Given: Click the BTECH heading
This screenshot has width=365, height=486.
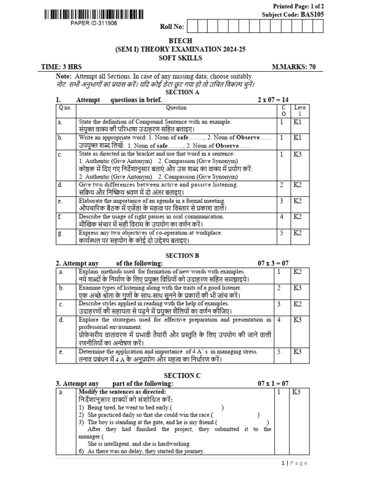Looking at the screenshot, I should tap(182, 41).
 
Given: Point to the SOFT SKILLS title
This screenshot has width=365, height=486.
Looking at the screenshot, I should tap(182, 58).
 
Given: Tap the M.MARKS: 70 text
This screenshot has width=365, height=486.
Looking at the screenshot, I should tap(294, 67).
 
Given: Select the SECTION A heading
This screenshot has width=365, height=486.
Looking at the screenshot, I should tap(182, 92).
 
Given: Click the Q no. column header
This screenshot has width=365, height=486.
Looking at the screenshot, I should tap(65, 108).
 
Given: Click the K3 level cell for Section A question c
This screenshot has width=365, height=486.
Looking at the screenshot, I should tap(298, 154).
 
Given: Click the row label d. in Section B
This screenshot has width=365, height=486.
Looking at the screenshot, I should tap(61, 320).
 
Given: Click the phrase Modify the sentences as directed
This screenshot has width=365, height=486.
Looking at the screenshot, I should tap(122, 392).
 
